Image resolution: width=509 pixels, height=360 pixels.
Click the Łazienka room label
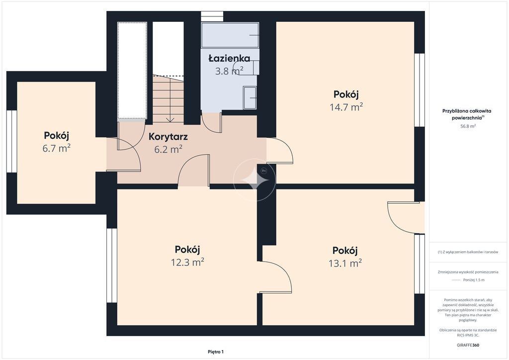(229, 59)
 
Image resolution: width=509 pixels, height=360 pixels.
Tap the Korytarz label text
(168, 137)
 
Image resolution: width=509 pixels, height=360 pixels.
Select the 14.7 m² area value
(346, 107)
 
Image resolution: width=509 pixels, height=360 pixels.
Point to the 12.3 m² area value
(187, 262)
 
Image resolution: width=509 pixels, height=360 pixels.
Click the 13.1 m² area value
(345, 263)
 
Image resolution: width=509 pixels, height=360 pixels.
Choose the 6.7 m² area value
(57, 148)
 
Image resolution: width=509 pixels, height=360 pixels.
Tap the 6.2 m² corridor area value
(168, 149)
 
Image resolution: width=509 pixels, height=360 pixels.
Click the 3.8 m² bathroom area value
(229, 71)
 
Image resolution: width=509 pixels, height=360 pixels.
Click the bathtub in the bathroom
(230, 35)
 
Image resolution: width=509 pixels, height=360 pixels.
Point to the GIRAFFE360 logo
(468, 345)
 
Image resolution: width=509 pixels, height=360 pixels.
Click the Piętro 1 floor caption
(216, 352)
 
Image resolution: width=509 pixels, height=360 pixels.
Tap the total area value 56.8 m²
(468, 126)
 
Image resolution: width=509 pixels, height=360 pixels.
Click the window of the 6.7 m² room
(12, 141)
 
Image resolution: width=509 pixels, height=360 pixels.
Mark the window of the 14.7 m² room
(420, 90)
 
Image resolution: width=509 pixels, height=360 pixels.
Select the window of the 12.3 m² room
(112, 266)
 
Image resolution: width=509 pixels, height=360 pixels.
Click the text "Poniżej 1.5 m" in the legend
(474, 280)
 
